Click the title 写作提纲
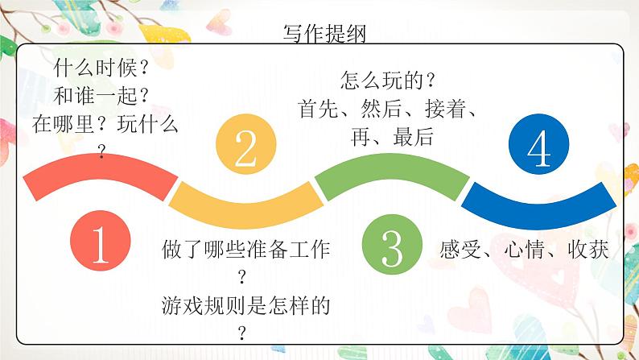[324, 33]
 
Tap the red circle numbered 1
[101, 240]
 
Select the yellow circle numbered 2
[246, 144]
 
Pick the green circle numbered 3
[392, 244]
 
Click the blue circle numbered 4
[538, 144]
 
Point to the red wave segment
[101, 167]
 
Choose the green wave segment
[392, 167]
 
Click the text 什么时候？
[101, 68]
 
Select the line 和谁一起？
[101, 96]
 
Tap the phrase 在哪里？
[69, 124]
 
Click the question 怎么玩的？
[388, 80]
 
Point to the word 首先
[319, 109]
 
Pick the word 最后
[414, 137]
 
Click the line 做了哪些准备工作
[245, 249]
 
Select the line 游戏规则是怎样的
[245, 305]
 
